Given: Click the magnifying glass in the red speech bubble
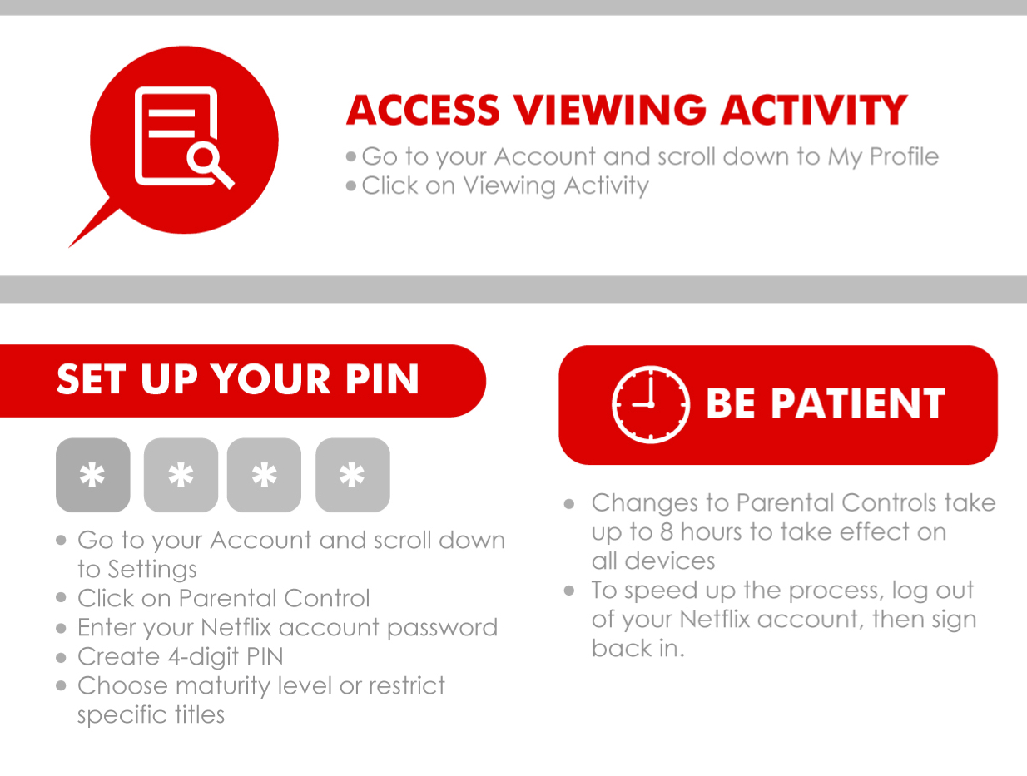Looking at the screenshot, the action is [x=209, y=165].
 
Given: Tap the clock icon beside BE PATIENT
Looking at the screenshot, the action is [x=650, y=404].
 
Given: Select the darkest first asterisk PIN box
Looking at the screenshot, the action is [x=92, y=475].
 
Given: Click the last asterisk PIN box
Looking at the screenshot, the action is [x=352, y=475].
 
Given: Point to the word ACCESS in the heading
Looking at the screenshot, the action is [x=423, y=110].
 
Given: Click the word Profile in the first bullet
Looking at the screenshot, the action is [x=904, y=156].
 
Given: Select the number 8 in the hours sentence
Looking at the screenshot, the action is [x=667, y=532].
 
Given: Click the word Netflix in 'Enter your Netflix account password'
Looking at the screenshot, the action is [x=236, y=627].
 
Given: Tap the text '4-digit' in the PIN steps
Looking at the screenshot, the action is [x=203, y=657].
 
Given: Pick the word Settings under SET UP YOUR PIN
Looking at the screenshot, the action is [x=152, y=570].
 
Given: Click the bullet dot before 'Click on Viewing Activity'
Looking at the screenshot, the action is [x=351, y=186].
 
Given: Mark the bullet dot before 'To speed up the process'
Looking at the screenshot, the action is [x=569, y=591].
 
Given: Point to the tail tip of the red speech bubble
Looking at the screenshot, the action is [x=69, y=247].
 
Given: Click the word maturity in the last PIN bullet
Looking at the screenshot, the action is [x=223, y=686].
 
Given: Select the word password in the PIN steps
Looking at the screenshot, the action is [x=442, y=628].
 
